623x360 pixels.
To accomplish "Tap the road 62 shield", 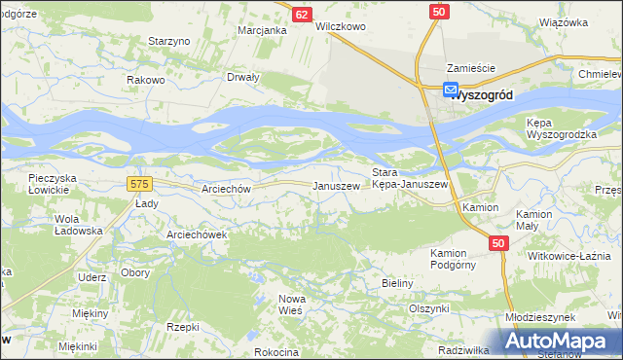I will tap(302, 15).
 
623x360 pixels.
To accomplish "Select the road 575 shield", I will tap(139, 183).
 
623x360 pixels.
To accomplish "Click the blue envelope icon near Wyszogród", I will tap(452, 90).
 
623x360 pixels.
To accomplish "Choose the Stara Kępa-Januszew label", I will tap(410, 178).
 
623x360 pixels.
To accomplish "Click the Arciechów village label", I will tap(224, 189).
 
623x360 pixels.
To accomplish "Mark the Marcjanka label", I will tap(262, 30).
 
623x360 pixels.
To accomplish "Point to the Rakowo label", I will tap(146, 80).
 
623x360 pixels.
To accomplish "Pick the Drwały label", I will tap(242, 77).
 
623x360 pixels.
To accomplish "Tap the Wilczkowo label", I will tap(340, 27).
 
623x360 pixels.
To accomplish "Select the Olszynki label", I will tap(428, 307).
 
